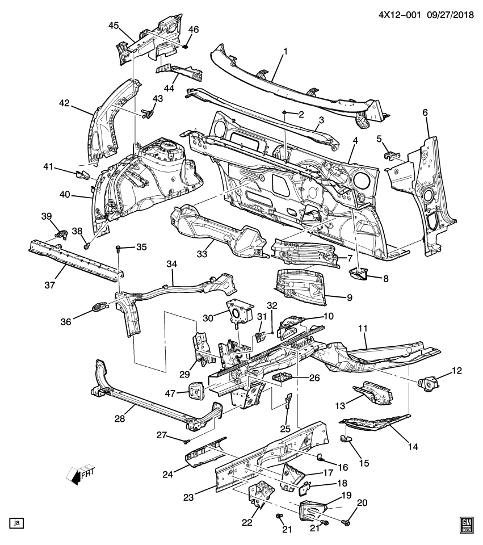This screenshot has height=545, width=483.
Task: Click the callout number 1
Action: tap(285, 52)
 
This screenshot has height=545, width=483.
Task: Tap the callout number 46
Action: tap(194, 29)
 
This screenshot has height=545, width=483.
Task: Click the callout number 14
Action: tap(412, 447)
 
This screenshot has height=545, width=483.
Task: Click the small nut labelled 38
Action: tap(86, 246)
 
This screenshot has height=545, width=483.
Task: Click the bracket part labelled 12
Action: tap(427, 382)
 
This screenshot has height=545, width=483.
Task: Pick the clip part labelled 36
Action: tap(100, 307)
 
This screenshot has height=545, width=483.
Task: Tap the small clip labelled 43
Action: tap(149, 114)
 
